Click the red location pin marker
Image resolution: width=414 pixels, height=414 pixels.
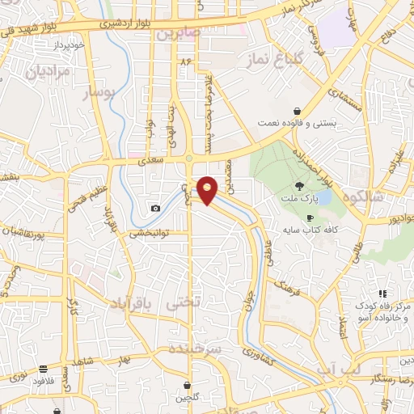pyautogui.click(x=208, y=189)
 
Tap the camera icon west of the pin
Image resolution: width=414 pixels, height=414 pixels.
pyautogui.click(x=155, y=208)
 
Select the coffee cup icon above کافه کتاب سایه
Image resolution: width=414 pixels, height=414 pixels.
pyautogui.click(x=310, y=218)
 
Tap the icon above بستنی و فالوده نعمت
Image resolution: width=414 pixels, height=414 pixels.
pyautogui.click(x=298, y=111)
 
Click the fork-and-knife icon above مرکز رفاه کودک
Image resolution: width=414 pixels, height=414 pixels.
pyautogui.click(x=382, y=293)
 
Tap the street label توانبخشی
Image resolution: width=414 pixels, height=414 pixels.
pyautogui.click(x=147, y=234)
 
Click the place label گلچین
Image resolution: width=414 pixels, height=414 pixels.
pyautogui.click(x=188, y=398)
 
